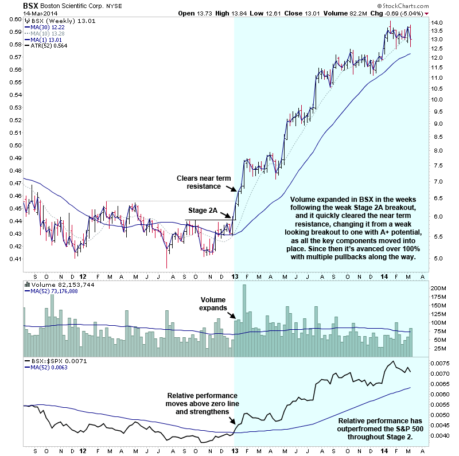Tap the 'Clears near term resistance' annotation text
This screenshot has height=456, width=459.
pos(206,182)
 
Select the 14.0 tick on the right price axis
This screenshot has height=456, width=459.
pos(438,22)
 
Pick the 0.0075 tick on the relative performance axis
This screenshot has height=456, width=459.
pos(439,363)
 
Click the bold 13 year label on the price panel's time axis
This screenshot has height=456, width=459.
pos(235,275)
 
